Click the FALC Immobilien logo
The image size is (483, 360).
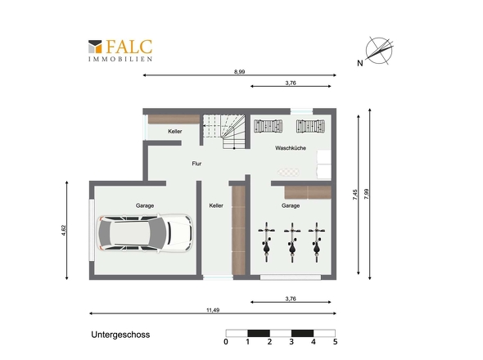[120, 51]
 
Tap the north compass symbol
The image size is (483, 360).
[377, 52]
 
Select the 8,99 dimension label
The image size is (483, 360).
[239, 72]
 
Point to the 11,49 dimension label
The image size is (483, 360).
[213, 310]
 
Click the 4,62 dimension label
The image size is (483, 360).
[64, 231]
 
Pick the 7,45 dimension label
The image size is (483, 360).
[354, 195]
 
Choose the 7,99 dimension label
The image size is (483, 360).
[366, 194]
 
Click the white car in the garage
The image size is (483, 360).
[144, 233]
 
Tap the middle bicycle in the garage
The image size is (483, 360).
[292, 242]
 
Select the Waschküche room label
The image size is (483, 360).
[291, 148]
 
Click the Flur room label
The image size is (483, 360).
[196, 164]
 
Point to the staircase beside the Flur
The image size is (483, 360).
[224, 131]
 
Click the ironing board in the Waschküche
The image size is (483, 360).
[288, 172]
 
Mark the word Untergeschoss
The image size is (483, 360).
[120, 335]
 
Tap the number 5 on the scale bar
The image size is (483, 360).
[335, 342]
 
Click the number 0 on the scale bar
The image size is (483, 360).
[226, 342]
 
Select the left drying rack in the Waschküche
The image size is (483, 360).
[268, 126]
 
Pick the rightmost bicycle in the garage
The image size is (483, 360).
[317, 242]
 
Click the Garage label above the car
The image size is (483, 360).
[145, 205]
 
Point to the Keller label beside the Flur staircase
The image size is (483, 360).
[175, 132]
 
